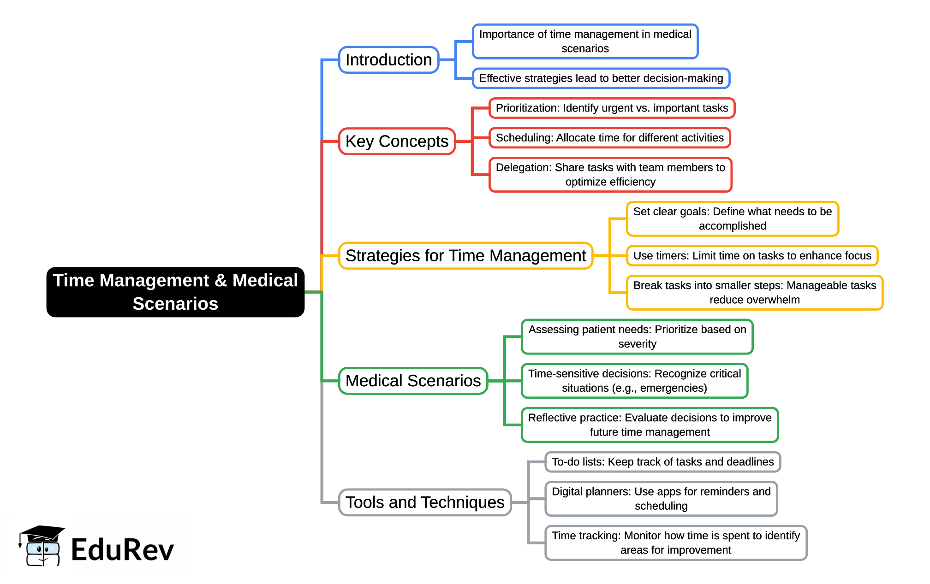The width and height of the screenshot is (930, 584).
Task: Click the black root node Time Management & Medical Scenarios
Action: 175,292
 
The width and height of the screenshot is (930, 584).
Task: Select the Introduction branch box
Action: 388,60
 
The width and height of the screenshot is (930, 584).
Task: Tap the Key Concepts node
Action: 397,141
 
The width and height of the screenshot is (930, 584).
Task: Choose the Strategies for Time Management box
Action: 465,255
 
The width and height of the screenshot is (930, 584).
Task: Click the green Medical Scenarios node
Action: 413,381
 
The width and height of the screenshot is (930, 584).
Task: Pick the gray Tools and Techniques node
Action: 424,502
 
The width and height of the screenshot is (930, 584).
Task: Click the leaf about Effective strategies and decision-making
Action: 601,78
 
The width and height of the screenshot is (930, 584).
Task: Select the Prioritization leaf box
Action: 611,108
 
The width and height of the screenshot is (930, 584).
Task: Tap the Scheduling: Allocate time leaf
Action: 609,138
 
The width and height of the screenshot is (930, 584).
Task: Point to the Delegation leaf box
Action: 610,174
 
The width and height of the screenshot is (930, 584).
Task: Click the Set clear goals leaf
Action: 732,218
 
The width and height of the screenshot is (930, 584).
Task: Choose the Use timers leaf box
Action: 752,255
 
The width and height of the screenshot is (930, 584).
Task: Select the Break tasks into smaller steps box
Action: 754,292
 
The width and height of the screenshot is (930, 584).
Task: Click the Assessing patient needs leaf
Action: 637,336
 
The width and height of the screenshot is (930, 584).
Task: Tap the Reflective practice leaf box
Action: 650,425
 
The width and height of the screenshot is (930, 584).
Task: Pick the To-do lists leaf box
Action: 662,462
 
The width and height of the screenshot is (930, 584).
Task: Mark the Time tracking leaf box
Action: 675,543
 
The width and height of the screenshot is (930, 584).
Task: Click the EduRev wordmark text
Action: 122,550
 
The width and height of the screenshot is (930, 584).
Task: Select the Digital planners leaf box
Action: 661,498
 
